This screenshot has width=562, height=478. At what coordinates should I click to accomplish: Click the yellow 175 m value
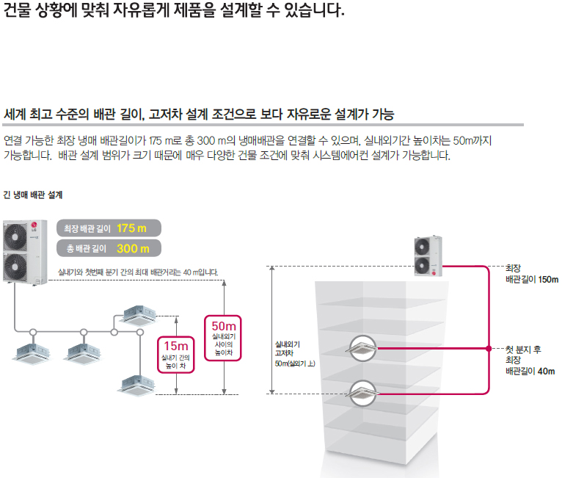(131, 228)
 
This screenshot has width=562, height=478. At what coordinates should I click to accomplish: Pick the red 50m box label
(223, 326)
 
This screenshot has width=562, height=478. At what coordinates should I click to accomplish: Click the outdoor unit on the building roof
(429, 257)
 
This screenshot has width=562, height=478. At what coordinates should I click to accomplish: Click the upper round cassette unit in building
(366, 347)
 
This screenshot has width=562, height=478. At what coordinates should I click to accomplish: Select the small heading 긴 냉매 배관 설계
(33, 195)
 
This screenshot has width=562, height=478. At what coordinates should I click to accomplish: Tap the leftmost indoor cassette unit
(30, 350)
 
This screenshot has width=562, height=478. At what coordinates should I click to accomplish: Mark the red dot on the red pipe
(488, 347)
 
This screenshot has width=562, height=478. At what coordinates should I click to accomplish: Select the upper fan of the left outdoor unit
(18, 235)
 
